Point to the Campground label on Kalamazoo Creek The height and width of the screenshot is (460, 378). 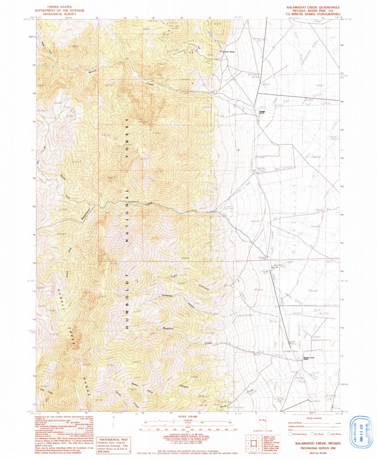pyautogui.click(x=134, y=202)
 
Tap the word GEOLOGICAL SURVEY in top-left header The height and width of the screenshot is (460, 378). pyautogui.click(x=56, y=14)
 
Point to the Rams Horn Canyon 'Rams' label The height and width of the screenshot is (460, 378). pyautogui.click(x=135, y=384)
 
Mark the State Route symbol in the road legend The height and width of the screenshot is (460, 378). pyautogui.click(x=328, y=434)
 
